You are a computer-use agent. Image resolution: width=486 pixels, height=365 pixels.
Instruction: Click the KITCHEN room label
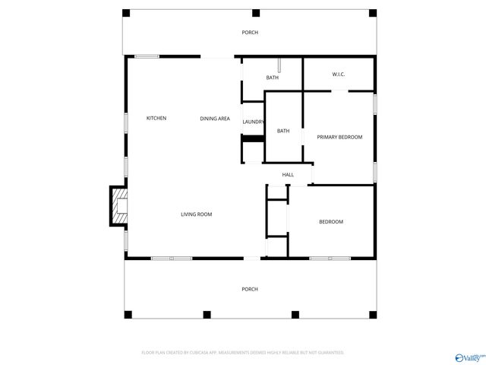156,118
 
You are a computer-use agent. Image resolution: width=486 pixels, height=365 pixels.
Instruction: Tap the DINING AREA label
215,118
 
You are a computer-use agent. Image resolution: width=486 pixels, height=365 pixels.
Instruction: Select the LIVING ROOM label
196,214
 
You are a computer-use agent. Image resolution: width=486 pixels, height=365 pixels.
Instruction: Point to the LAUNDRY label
254,122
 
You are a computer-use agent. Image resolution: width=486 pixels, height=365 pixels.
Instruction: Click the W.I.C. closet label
339,74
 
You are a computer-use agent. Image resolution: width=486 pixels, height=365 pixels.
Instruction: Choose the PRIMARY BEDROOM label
339,137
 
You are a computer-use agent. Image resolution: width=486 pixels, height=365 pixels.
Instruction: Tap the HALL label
288,175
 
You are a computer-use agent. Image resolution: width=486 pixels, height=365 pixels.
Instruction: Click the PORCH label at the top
250,32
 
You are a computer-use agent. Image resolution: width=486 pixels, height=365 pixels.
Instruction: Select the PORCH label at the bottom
250,289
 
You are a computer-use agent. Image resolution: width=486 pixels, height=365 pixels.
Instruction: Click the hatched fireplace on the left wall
119,206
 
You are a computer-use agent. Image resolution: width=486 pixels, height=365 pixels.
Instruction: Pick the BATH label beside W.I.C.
272,78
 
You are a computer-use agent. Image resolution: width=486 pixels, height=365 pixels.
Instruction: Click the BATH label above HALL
282,131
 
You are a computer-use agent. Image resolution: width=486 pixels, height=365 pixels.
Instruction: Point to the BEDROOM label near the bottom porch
331,221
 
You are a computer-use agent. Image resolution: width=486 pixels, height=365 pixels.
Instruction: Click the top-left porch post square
127,13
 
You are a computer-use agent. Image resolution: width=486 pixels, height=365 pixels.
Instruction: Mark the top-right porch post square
372,13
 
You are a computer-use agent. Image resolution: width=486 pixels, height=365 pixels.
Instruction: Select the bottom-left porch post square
128,314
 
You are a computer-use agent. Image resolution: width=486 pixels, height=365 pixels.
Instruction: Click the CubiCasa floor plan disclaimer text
243,353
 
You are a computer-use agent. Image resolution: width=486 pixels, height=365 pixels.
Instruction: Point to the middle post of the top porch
256,13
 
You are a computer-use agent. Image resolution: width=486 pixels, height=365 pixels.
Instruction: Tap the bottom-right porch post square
373,314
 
